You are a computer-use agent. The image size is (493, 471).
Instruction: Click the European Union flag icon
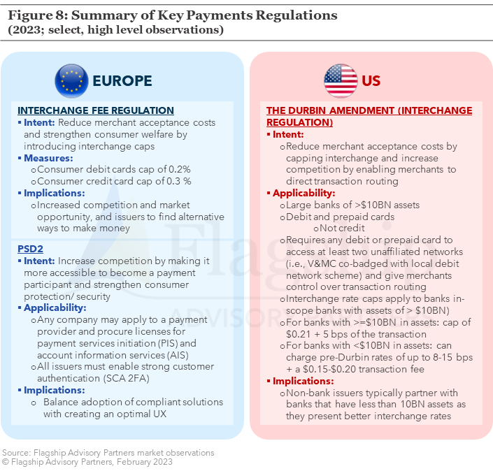pos(71,81)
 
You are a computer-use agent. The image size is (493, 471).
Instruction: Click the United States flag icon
pos(341,81)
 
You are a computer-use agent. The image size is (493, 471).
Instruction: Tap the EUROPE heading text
pos(122,81)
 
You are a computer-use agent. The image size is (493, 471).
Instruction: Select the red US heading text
pos(371,81)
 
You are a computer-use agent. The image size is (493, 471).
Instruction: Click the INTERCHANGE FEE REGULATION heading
pos(96,110)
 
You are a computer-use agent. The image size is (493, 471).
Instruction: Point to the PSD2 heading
pos(30,249)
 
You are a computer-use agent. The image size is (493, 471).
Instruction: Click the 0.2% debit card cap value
pos(180,169)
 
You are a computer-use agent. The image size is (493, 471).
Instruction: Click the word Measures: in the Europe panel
pos(48,158)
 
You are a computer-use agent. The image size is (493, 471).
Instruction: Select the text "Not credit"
pos(342,228)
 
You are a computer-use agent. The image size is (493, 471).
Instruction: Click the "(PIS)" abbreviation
pos(168,343)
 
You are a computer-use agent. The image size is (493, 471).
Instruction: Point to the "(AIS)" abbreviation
pos(178,355)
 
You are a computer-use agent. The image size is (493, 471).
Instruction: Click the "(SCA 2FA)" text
pos(126,378)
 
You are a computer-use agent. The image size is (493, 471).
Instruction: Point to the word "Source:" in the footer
pos(17,453)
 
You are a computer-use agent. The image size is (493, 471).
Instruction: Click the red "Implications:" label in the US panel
pos(303,381)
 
